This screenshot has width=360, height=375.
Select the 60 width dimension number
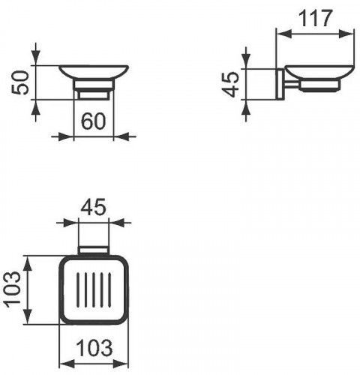(94, 122)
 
